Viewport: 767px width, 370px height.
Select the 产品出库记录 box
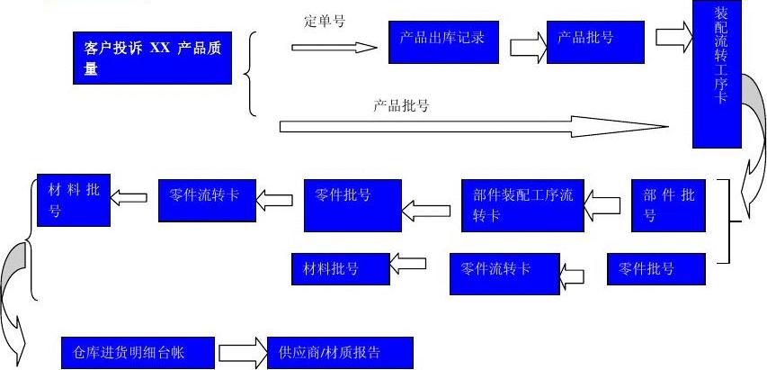pos(442,41)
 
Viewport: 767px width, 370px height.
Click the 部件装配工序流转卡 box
pos(522,204)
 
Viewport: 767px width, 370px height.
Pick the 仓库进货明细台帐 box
pos(138,352)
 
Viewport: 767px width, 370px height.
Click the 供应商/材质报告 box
pos(340,352)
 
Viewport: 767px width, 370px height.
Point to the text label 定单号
pos(325,21)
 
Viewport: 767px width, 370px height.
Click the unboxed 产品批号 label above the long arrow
pos(400,105)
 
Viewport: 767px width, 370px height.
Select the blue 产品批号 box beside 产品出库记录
pos(594,41)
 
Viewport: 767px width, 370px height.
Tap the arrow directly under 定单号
pos(334,47)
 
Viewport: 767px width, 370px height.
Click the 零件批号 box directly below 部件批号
pos(654,269)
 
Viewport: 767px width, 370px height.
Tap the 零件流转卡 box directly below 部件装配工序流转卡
pos(504,274)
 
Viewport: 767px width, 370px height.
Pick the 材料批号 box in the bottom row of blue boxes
pos(339,268)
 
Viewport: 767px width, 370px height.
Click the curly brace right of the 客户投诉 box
pos(251,74)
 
